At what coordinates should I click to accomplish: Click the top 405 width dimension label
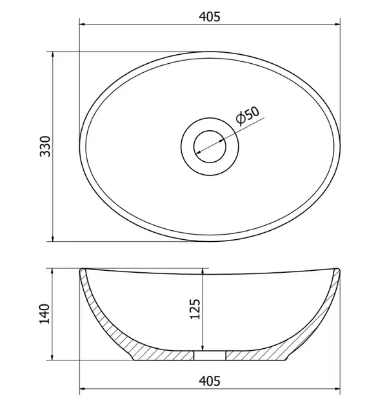(x=210, y=17)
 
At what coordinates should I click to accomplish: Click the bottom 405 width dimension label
(x=210, y=381)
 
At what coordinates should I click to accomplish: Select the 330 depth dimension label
(x=46, y=146)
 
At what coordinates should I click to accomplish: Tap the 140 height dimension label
(x=45, y=314)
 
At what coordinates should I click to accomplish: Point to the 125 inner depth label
(x=195, y=310)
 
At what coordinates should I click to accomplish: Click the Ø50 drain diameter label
(x=248, y=116)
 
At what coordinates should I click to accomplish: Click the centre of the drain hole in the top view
(x=210, y=146)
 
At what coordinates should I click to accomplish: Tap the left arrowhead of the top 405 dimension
(x=83, y=25)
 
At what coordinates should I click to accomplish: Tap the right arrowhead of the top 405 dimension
(x=337, y=25)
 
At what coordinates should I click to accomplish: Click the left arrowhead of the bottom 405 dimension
(x=83, y=389)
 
